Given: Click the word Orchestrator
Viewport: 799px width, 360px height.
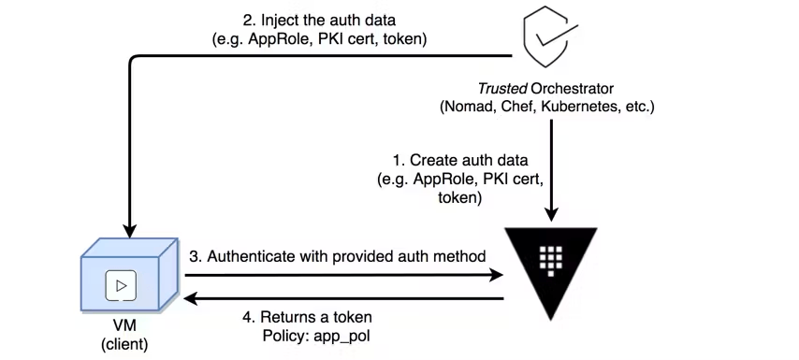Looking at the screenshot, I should (570, 90).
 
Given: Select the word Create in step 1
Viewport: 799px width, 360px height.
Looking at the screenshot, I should (422, 162).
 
